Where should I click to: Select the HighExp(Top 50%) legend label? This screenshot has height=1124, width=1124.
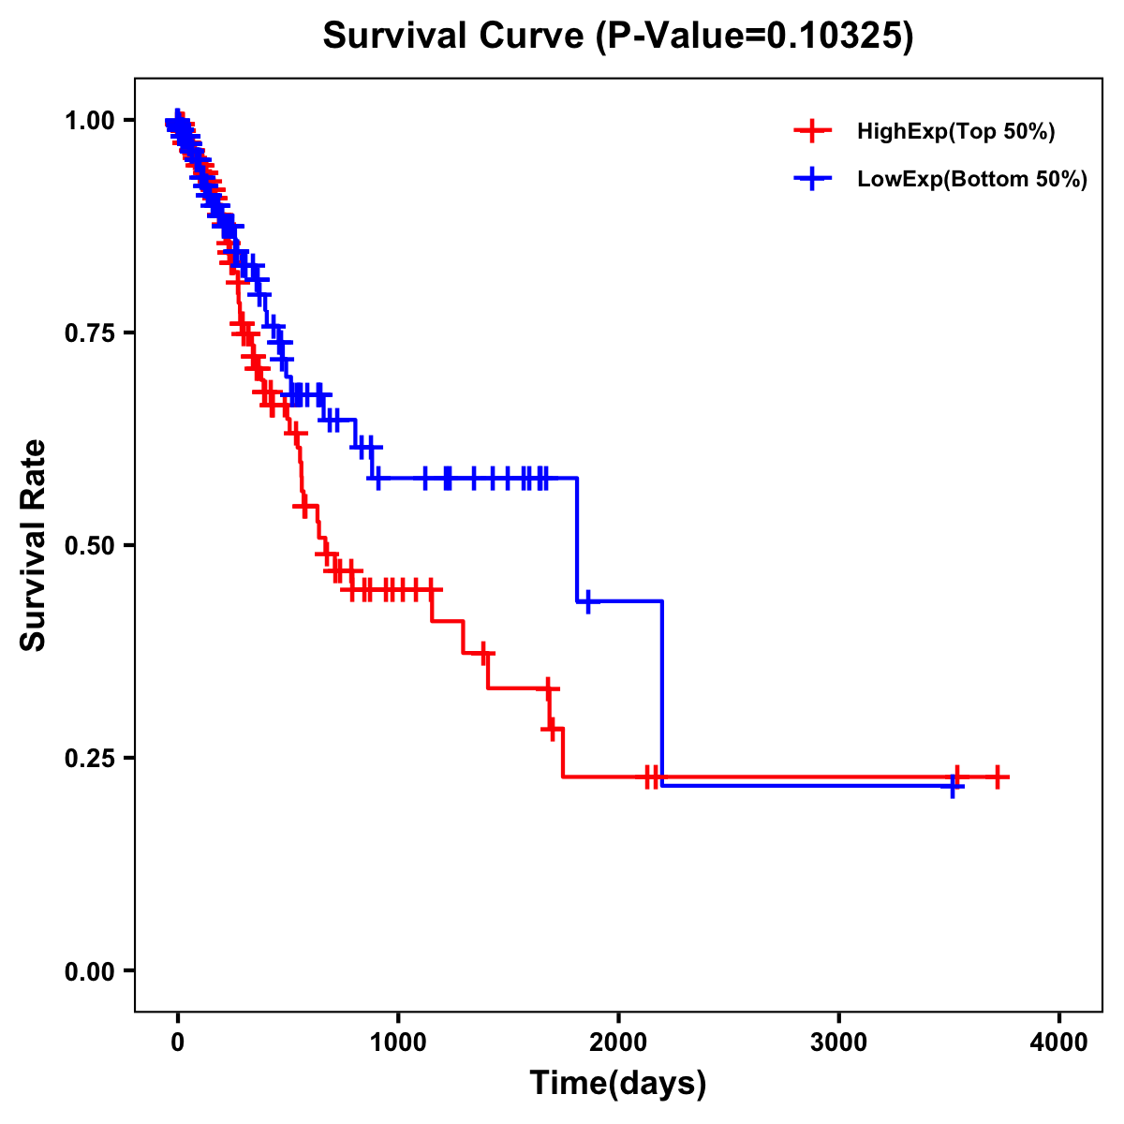(x=956, y=132)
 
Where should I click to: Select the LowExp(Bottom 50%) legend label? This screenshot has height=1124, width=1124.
(x=972, y=180)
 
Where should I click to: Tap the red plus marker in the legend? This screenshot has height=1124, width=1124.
(x=813, y=131)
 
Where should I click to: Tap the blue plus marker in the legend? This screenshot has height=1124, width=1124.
(x=813, y=179)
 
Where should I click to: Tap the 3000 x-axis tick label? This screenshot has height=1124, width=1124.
(x=839, y=1042)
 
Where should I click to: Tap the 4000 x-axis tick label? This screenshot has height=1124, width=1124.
(x=1059, y=1042)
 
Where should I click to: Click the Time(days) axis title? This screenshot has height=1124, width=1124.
(x=618, y=1084)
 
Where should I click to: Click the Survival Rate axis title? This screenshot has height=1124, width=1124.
(x=34, y=545)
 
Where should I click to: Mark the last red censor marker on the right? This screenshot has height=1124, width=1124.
(x=998, y=777)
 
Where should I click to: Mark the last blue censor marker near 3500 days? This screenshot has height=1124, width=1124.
(x=952, y=786)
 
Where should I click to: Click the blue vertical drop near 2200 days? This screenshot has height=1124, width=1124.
(x=662, y=693)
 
